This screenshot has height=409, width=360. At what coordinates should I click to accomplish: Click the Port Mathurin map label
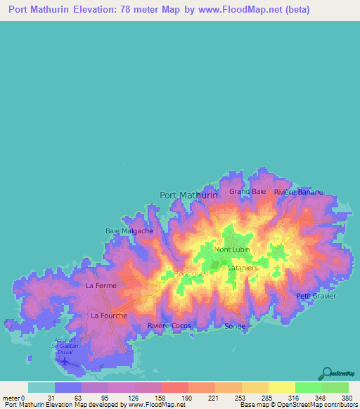[188, 195]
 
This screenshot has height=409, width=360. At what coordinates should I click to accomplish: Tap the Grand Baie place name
[247, 191]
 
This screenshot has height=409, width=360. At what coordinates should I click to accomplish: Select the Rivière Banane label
[299, 192]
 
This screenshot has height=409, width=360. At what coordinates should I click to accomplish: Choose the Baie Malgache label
[129, 231]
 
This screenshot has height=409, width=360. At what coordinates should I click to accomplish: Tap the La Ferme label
[101, 286]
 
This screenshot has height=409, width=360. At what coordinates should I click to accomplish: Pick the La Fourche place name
[109, 316]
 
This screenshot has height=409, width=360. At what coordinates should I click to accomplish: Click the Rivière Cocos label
[169, 326]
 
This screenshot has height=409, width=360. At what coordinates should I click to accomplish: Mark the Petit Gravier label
[316, 296]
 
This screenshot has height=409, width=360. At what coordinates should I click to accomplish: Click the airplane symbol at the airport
[66, 361]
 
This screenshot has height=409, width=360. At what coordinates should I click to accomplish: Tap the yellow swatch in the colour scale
[281, 387]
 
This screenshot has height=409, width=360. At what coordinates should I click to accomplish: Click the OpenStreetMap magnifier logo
[326, 372]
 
